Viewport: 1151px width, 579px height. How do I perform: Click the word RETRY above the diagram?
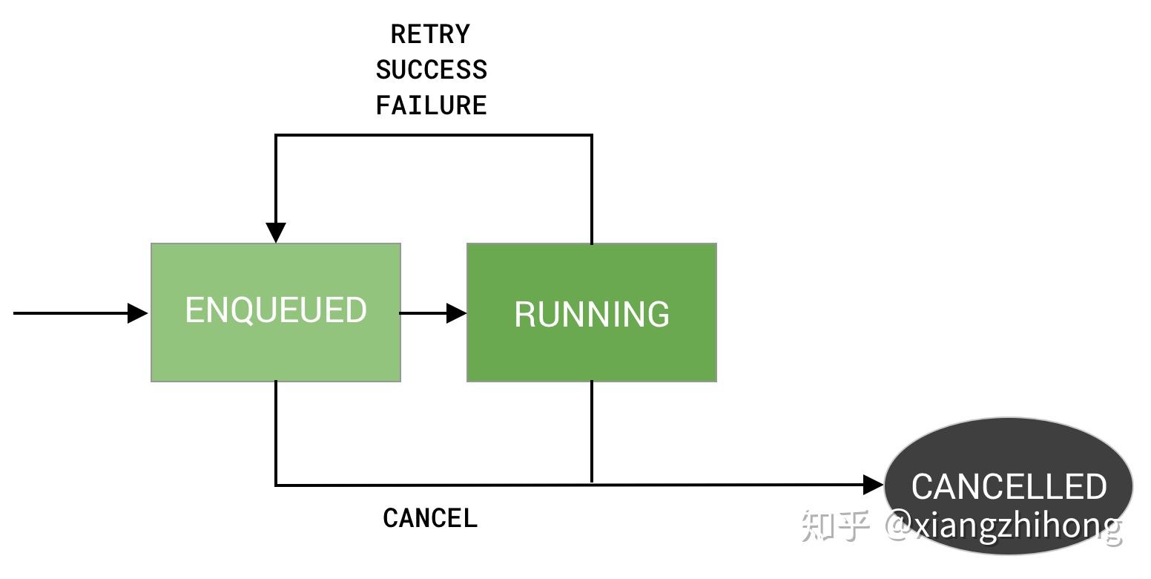[x=430, y=34]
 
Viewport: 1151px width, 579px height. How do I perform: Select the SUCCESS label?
[x=431, y=70]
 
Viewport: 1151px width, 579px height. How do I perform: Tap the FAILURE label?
[x=431, y=105]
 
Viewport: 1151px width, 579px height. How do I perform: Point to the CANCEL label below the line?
[x=430, y=518]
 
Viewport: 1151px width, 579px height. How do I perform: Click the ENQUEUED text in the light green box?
[x=276, y=310]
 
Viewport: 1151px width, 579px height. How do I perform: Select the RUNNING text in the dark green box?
[x=592, y=314]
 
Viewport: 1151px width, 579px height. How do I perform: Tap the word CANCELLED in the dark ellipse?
[x=1009, y=486]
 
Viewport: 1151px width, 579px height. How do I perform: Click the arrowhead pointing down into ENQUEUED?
[x=276, y=232]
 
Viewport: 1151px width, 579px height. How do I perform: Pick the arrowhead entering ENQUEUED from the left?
[x=137, y=313]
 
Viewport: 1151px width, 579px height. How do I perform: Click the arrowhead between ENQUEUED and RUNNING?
[x=456, y=313]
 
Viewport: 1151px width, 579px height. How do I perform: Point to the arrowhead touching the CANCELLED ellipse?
[x=873, y=485]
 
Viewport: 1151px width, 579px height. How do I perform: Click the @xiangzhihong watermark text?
[x=1003, y=526]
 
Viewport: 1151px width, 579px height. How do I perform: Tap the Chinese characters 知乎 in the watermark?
[x=836, y=526]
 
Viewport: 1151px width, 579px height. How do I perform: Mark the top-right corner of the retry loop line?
[x=592, y=135]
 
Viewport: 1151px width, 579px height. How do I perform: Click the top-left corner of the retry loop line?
[x=276, y=135]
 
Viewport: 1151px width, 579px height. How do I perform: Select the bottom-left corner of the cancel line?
[x=276, y=485]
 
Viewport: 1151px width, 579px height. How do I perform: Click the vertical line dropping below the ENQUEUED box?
[x=276, y=433]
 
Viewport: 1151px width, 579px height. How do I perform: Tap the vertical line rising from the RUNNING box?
[x=592, y=189]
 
